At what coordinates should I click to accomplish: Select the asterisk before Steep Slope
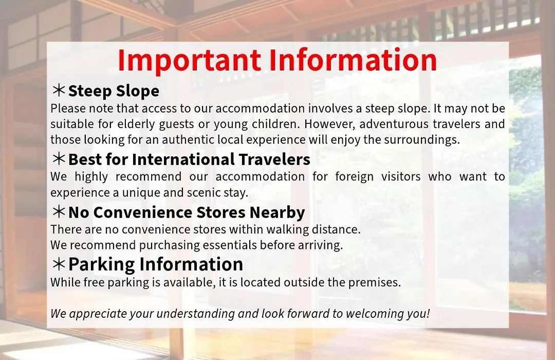click(59, 90)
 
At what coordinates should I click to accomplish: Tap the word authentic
click(188, 139)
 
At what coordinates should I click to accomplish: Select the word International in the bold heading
click(182, 159)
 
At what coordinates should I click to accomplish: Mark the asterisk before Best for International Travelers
click(59, 159)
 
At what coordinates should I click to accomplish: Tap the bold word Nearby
click(277, 212)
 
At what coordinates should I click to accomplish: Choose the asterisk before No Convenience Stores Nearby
click(59, 211)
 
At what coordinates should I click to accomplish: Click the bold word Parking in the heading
click(102, 264)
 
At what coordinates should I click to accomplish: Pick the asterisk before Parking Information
click(59, 264)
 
